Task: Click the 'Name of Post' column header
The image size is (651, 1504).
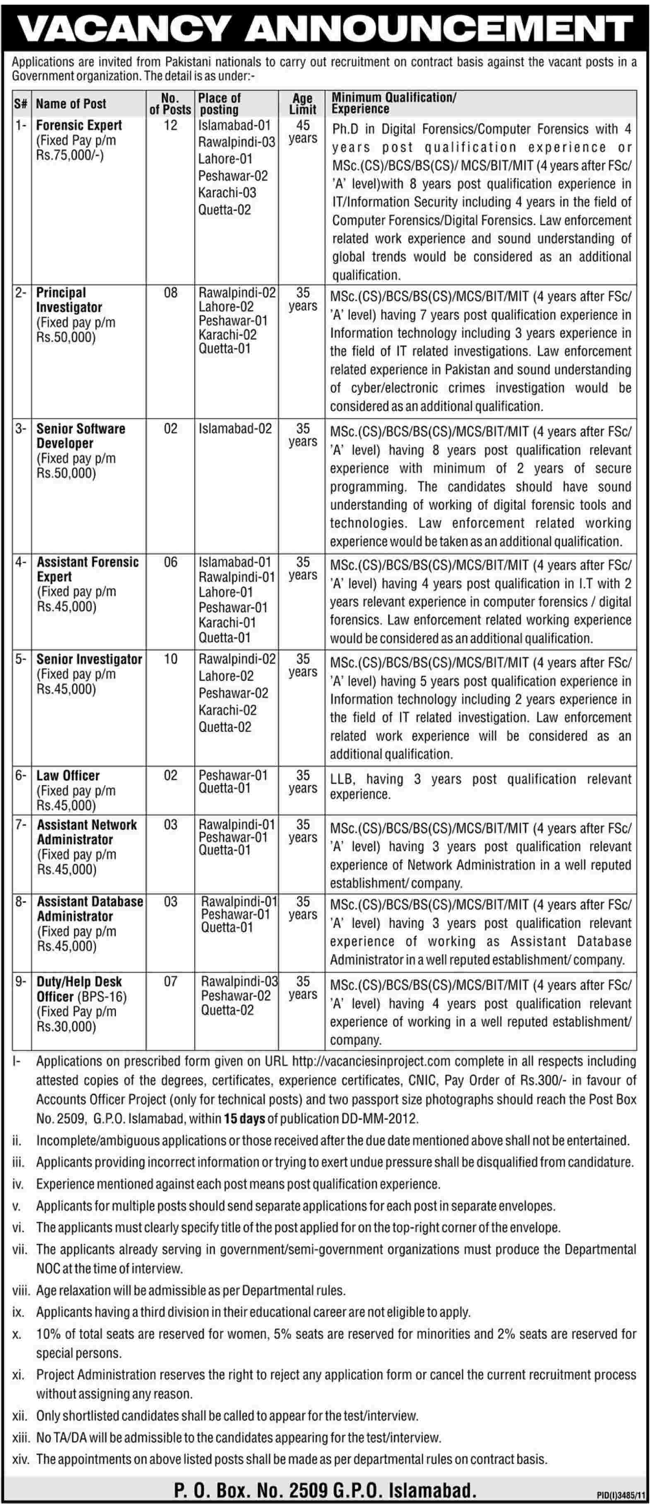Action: [71, 104]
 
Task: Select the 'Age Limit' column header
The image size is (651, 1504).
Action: [302, 104]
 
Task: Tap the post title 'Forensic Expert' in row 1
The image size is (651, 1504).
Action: [79, 125]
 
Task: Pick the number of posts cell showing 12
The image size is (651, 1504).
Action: [171, 125]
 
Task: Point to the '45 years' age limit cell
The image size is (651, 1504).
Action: [302, 132]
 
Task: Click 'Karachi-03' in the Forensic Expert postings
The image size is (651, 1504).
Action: [227, 193]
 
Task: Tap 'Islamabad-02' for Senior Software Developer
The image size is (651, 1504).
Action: [235, 429]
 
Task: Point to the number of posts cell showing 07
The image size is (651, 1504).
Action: [171, 981]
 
